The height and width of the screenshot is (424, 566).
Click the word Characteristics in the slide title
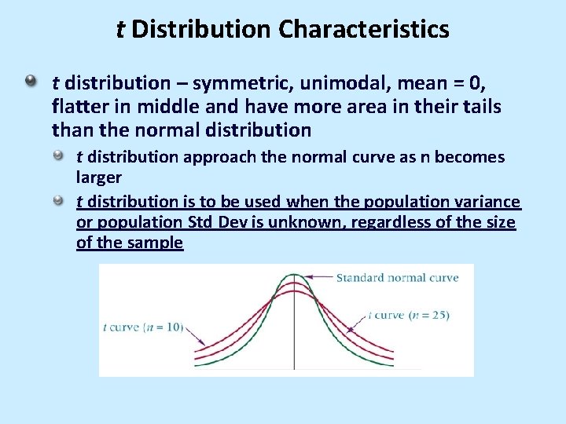pos(363,30)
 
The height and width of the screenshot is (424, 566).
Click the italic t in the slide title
pos(120,30)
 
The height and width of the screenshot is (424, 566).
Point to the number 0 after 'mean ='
pos(482,82)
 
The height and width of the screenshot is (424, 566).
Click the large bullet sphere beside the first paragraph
pos(30,81)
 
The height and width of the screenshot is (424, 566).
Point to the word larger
pos(98,177)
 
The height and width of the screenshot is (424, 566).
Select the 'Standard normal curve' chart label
pos(397,277)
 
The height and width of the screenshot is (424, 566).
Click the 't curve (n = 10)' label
pos(142,327)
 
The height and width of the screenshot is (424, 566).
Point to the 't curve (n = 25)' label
pos(409,315)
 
